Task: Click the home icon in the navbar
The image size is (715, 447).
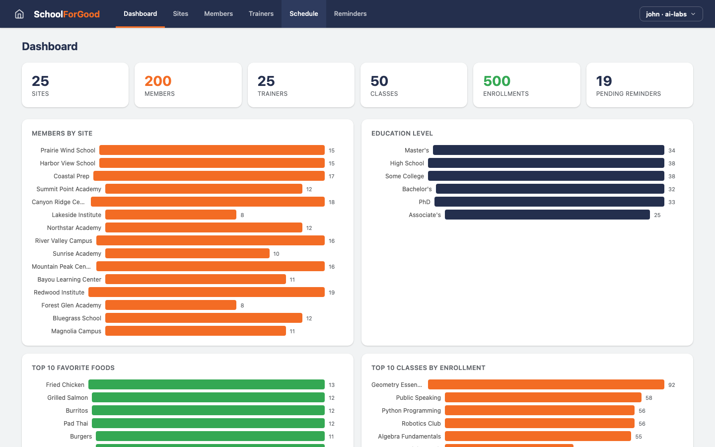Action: (19, 14)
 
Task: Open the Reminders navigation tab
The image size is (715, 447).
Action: (350, 14)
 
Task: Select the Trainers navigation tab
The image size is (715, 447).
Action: (261, 14)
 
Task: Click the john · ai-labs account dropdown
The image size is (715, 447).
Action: (671, 14)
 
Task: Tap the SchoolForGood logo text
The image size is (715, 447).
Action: (67, 14)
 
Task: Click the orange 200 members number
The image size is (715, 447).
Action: (158, 81)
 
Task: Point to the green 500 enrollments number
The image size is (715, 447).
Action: (497, 81)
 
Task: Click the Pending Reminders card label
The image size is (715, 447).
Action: (628, 94)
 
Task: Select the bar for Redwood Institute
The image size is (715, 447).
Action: (206, 293)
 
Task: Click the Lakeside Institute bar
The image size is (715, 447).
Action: (170, 215)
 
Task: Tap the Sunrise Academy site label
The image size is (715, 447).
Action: (77, 254)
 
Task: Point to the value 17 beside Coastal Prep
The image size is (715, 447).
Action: (331, 176)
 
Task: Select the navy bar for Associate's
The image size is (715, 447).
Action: (547, 215)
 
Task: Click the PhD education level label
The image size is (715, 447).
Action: (424, 202)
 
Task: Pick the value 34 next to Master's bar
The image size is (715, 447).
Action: (671, 150)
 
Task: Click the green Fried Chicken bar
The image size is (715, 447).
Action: (206, 385)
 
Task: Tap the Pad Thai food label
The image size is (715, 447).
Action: (75, 424)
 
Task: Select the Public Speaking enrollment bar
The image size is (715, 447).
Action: (543, 398)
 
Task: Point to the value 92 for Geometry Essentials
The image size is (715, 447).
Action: (671, 385)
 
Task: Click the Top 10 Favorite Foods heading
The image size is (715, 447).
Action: (73, 368)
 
